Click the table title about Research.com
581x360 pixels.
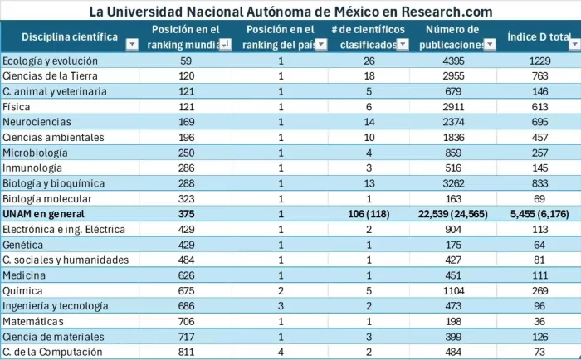tap(290, 12)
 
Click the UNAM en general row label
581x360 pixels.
tap(39, 214)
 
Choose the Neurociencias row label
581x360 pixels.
tap(33, 122)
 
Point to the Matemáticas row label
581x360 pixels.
tap(33, 322)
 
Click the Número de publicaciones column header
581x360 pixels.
tap(454, 38)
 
